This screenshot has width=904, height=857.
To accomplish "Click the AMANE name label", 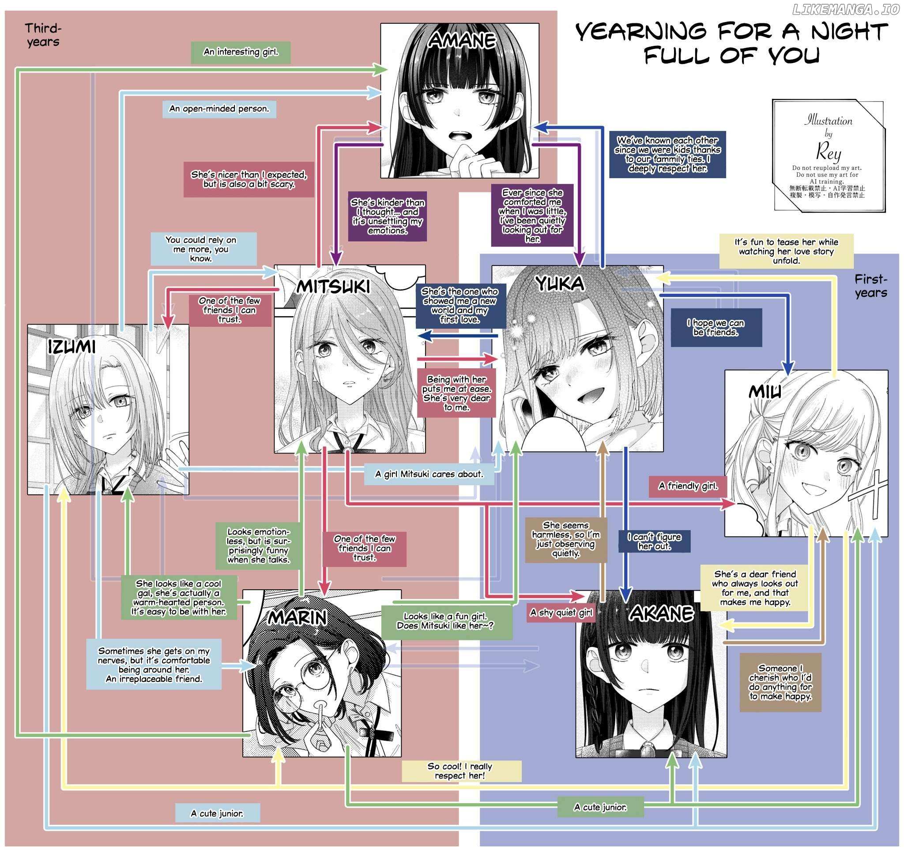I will pos(462,41).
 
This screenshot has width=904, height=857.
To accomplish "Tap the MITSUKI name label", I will pos(333,287).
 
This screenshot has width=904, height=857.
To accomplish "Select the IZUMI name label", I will pos(72,347).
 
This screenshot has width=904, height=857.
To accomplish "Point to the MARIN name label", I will pos(297,617).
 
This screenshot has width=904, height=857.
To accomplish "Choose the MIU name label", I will pos(765,392).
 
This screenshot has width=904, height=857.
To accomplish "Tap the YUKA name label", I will pos(560,284).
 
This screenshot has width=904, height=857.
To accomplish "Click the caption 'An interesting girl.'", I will pos(241,52).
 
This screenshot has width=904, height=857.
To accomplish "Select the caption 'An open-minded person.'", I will pos(219,109).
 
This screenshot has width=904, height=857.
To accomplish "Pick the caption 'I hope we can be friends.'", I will pos(716,328).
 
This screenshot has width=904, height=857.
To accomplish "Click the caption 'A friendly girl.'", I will pos(688,486).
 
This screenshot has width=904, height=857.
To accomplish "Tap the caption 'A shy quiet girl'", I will pos(561,613).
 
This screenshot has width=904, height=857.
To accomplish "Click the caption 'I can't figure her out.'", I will pos(654,541).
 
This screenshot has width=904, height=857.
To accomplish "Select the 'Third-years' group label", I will pos(43,35).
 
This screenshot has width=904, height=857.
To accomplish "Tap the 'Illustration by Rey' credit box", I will pos(828,155).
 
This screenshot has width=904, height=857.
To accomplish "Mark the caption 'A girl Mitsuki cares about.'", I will pos(429,474).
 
